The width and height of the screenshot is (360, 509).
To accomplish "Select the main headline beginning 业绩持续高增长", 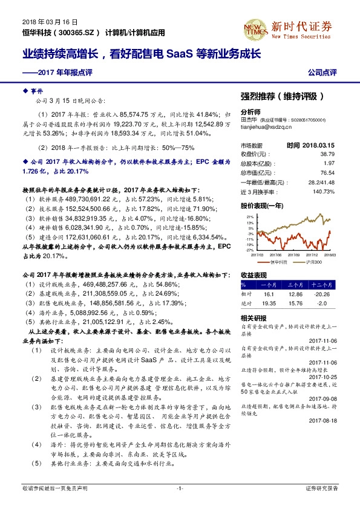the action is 142,53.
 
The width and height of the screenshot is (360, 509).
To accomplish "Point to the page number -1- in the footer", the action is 179,488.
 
